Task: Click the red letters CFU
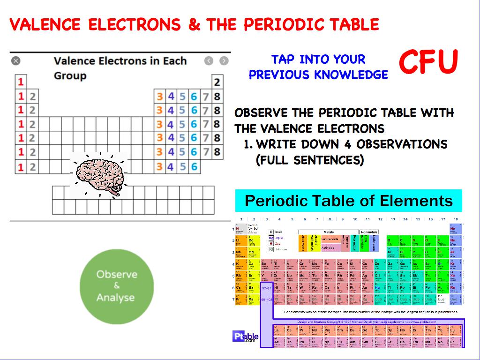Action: tap(428, 62)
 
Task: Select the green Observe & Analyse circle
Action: tap(117, 286)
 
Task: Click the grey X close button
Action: tap(16, 60)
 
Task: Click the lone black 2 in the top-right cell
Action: tap(217, 82)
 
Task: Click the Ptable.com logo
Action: tap(246, 337)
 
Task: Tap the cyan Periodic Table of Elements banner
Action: tap(348, 201)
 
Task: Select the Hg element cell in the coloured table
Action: tap(377, 288)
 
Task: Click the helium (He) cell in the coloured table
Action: tap(453, 229)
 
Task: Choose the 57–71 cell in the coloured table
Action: tap(266, 288)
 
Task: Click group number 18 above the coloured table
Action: tap(455, 219)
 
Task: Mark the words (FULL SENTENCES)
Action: tap(310, 160)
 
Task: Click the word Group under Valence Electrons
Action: tap(70, 76)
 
